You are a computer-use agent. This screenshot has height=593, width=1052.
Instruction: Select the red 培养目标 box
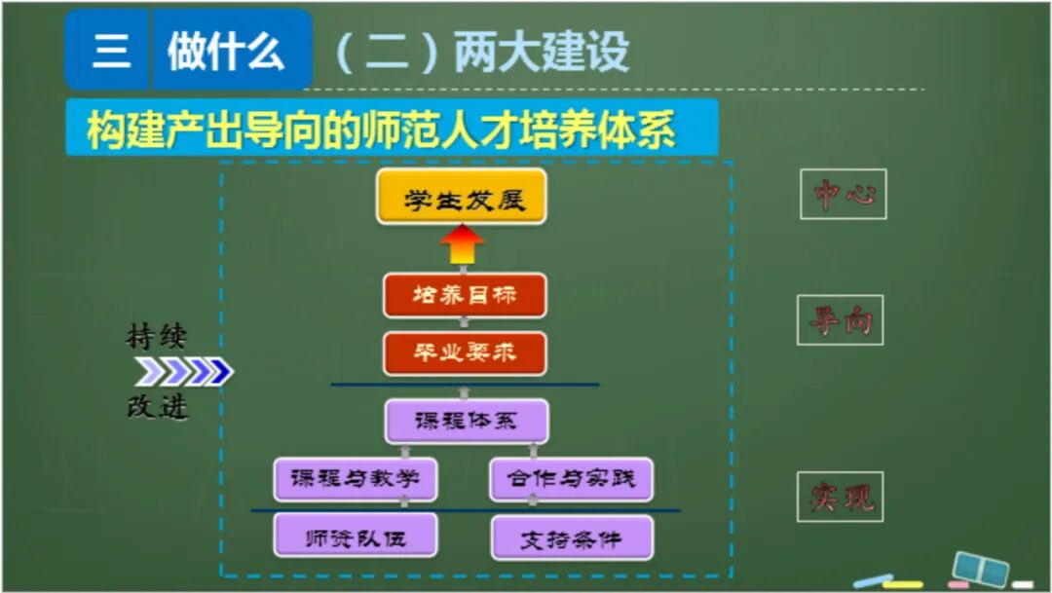(465, 296)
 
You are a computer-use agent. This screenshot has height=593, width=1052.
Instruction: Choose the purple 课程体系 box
(466, 421)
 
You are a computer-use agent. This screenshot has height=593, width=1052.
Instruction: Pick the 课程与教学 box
(355, 479)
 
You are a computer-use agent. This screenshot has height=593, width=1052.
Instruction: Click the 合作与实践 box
(571, 479)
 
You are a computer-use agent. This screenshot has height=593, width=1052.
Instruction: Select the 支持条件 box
(571, 537)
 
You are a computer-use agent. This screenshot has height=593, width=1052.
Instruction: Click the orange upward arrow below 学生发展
(462, 246)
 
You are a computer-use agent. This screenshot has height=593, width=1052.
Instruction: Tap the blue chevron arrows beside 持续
(184, 371)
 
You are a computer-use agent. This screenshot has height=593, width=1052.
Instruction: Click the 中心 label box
(844, 195)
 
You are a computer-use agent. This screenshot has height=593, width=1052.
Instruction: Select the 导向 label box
(840, 320)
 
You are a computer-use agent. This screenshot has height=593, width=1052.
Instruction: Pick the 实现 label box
(841, 498)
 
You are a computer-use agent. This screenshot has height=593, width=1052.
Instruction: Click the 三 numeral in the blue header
(109, 50)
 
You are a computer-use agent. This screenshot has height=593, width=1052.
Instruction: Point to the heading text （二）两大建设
(482, 53)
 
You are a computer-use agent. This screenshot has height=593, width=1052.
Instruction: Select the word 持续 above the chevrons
(156, 337)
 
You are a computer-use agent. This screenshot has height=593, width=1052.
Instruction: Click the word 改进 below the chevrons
(156, 407)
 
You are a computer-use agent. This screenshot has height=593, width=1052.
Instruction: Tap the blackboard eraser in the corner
(979, 568)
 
